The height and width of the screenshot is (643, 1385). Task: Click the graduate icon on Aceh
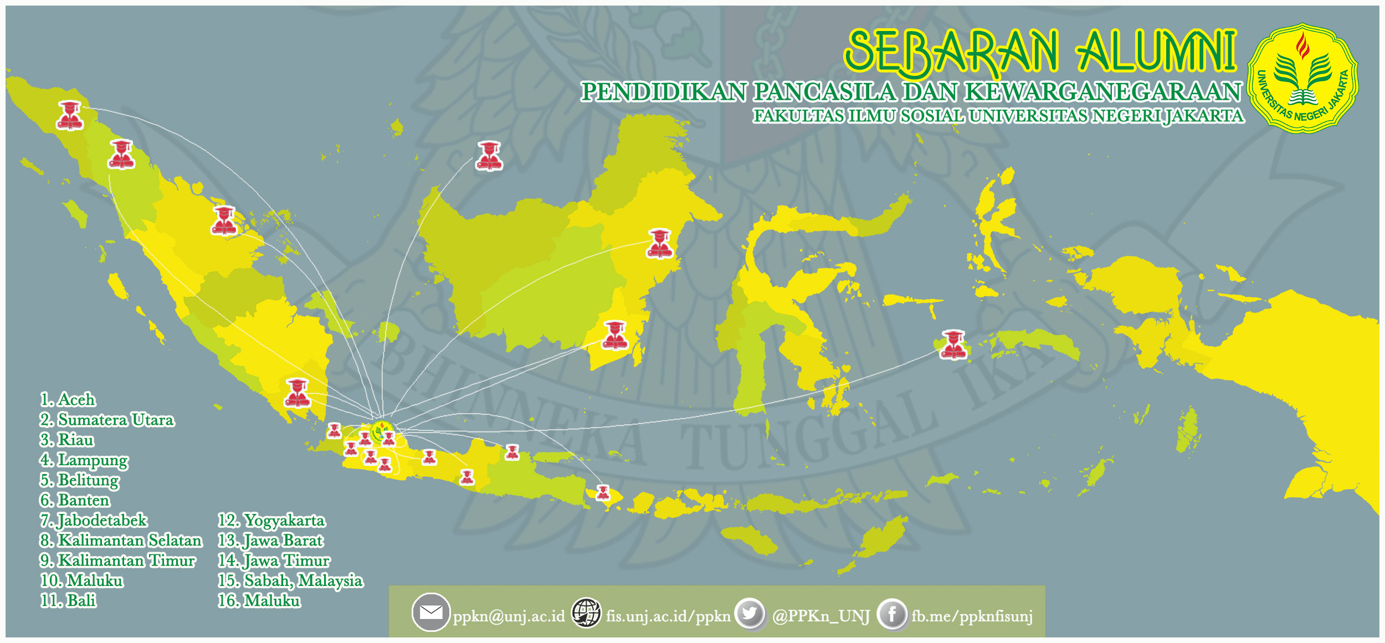tap(70, 115)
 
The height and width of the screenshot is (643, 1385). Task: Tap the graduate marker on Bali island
tap(603, 492)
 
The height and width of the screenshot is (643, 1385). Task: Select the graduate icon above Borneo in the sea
tap(489, 156)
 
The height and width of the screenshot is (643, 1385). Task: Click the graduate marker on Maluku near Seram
tap(953, 344)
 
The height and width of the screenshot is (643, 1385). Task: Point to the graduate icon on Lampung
tap(297, 393)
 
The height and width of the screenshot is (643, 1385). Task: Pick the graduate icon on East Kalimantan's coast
tap(659, 244)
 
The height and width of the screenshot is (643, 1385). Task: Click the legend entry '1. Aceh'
tap(68, 399)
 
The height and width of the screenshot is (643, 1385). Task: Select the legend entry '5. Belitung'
tap(79, 480)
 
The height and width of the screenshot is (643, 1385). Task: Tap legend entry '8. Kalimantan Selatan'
tap(121, 540)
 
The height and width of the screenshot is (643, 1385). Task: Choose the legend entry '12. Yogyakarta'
tap(271, 520)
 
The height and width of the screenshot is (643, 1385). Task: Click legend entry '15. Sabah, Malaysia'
tap(290, 580)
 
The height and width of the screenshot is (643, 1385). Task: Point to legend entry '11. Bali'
tap(68, 600)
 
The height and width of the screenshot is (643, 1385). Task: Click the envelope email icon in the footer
tap(430, 612)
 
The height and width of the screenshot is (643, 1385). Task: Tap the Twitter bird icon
tap(750, 613)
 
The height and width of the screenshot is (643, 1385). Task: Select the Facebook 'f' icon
tap(892, 614)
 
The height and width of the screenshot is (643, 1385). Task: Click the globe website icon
tap(586, 613)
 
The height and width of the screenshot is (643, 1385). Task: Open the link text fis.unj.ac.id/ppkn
tap(668, 616)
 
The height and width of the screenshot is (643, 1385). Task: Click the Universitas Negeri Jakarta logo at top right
tap(1302, 78)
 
